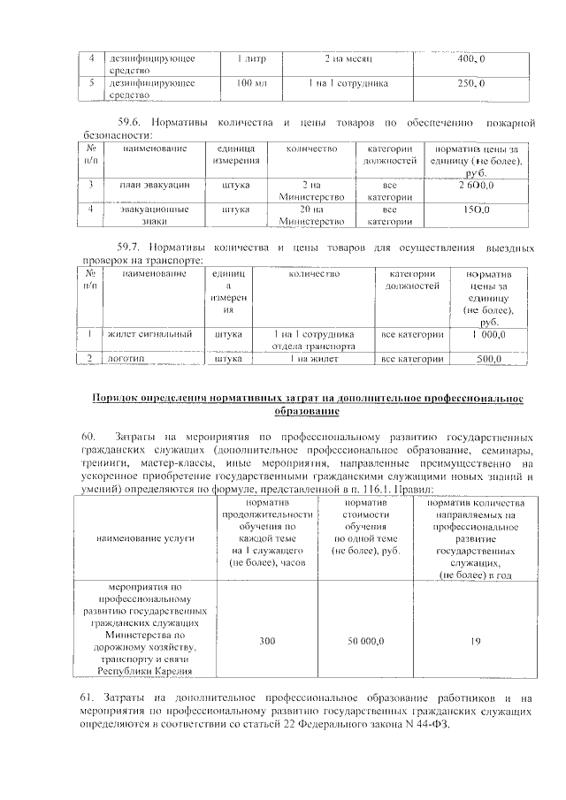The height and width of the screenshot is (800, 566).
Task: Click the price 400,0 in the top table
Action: (x=470, y=59)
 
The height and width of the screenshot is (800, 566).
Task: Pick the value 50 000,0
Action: (x=365, y=639)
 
